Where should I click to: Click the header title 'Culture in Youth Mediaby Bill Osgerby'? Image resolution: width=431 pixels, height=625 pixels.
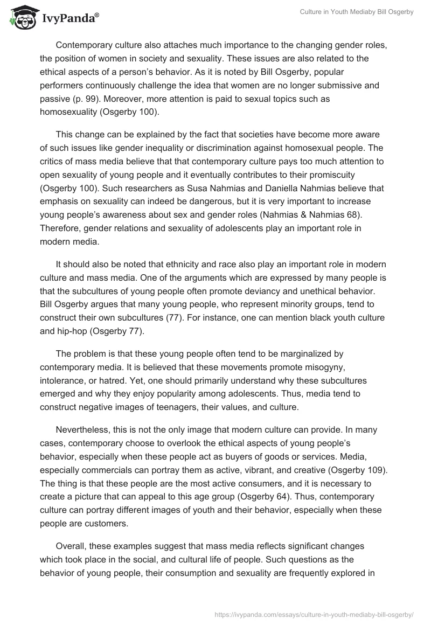357,12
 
